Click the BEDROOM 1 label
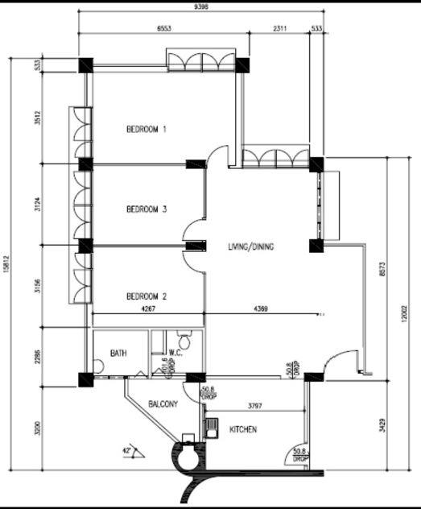click(x=147, y=129)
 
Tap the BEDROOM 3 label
click(x=147, y=209)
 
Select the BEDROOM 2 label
click(x=147, y=296)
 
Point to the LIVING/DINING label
click(x=250, y=246)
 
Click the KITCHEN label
click(x=243, y=430)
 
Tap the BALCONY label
click(x=163, y=404)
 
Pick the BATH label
click(x=118, y=353)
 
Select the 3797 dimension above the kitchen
click(x=257, y=405)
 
